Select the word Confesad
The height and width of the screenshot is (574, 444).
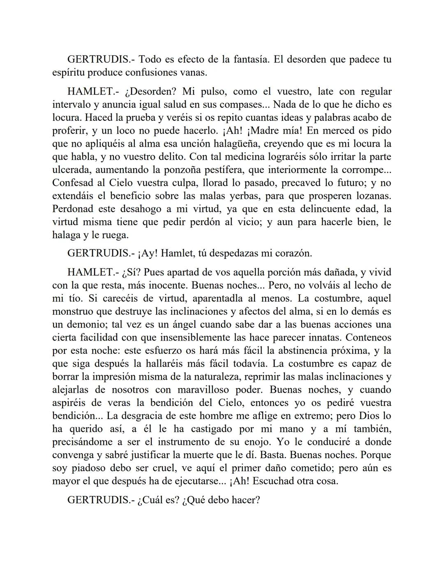click(x=72, y=183)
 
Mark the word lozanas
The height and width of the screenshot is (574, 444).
click(x=371, y=196)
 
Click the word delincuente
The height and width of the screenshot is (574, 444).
click(x=325, y=209)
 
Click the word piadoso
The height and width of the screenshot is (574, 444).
click(x=90, y=468)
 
